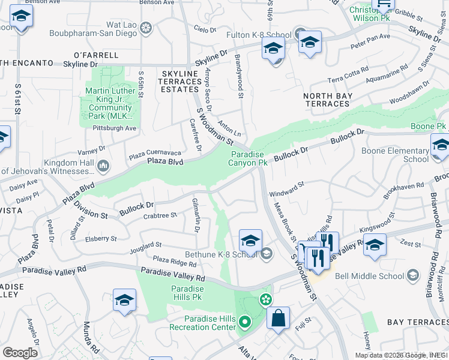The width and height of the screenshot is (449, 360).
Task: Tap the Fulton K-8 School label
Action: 258,35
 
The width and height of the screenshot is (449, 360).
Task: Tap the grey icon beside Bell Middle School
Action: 412,275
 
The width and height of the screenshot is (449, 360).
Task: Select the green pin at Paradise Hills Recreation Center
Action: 244,323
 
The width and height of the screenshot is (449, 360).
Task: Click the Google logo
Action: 20,352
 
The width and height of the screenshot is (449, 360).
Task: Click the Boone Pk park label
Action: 429,127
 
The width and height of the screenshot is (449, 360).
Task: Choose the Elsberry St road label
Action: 101,238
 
